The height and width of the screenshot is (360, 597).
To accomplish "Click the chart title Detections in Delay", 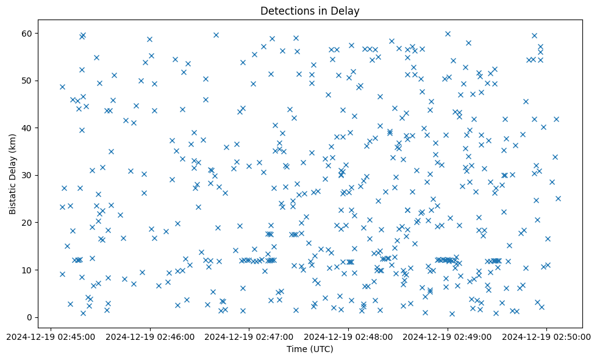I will coord(310,10).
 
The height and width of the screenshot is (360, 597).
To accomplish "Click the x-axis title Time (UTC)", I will coord(310,349).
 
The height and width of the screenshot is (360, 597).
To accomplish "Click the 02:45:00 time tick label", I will coord(50,336).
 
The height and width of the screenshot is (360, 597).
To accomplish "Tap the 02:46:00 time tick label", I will coord(149,336).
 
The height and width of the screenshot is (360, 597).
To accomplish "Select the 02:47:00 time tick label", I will coord(249,336).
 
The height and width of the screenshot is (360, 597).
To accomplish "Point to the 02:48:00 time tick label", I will coord(348,336).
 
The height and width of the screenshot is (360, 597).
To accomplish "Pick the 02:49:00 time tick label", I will coord(448,336).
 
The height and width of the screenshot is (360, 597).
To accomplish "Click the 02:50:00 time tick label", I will coord(547,336).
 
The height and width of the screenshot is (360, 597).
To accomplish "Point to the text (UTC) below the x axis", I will coord(321,349).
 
